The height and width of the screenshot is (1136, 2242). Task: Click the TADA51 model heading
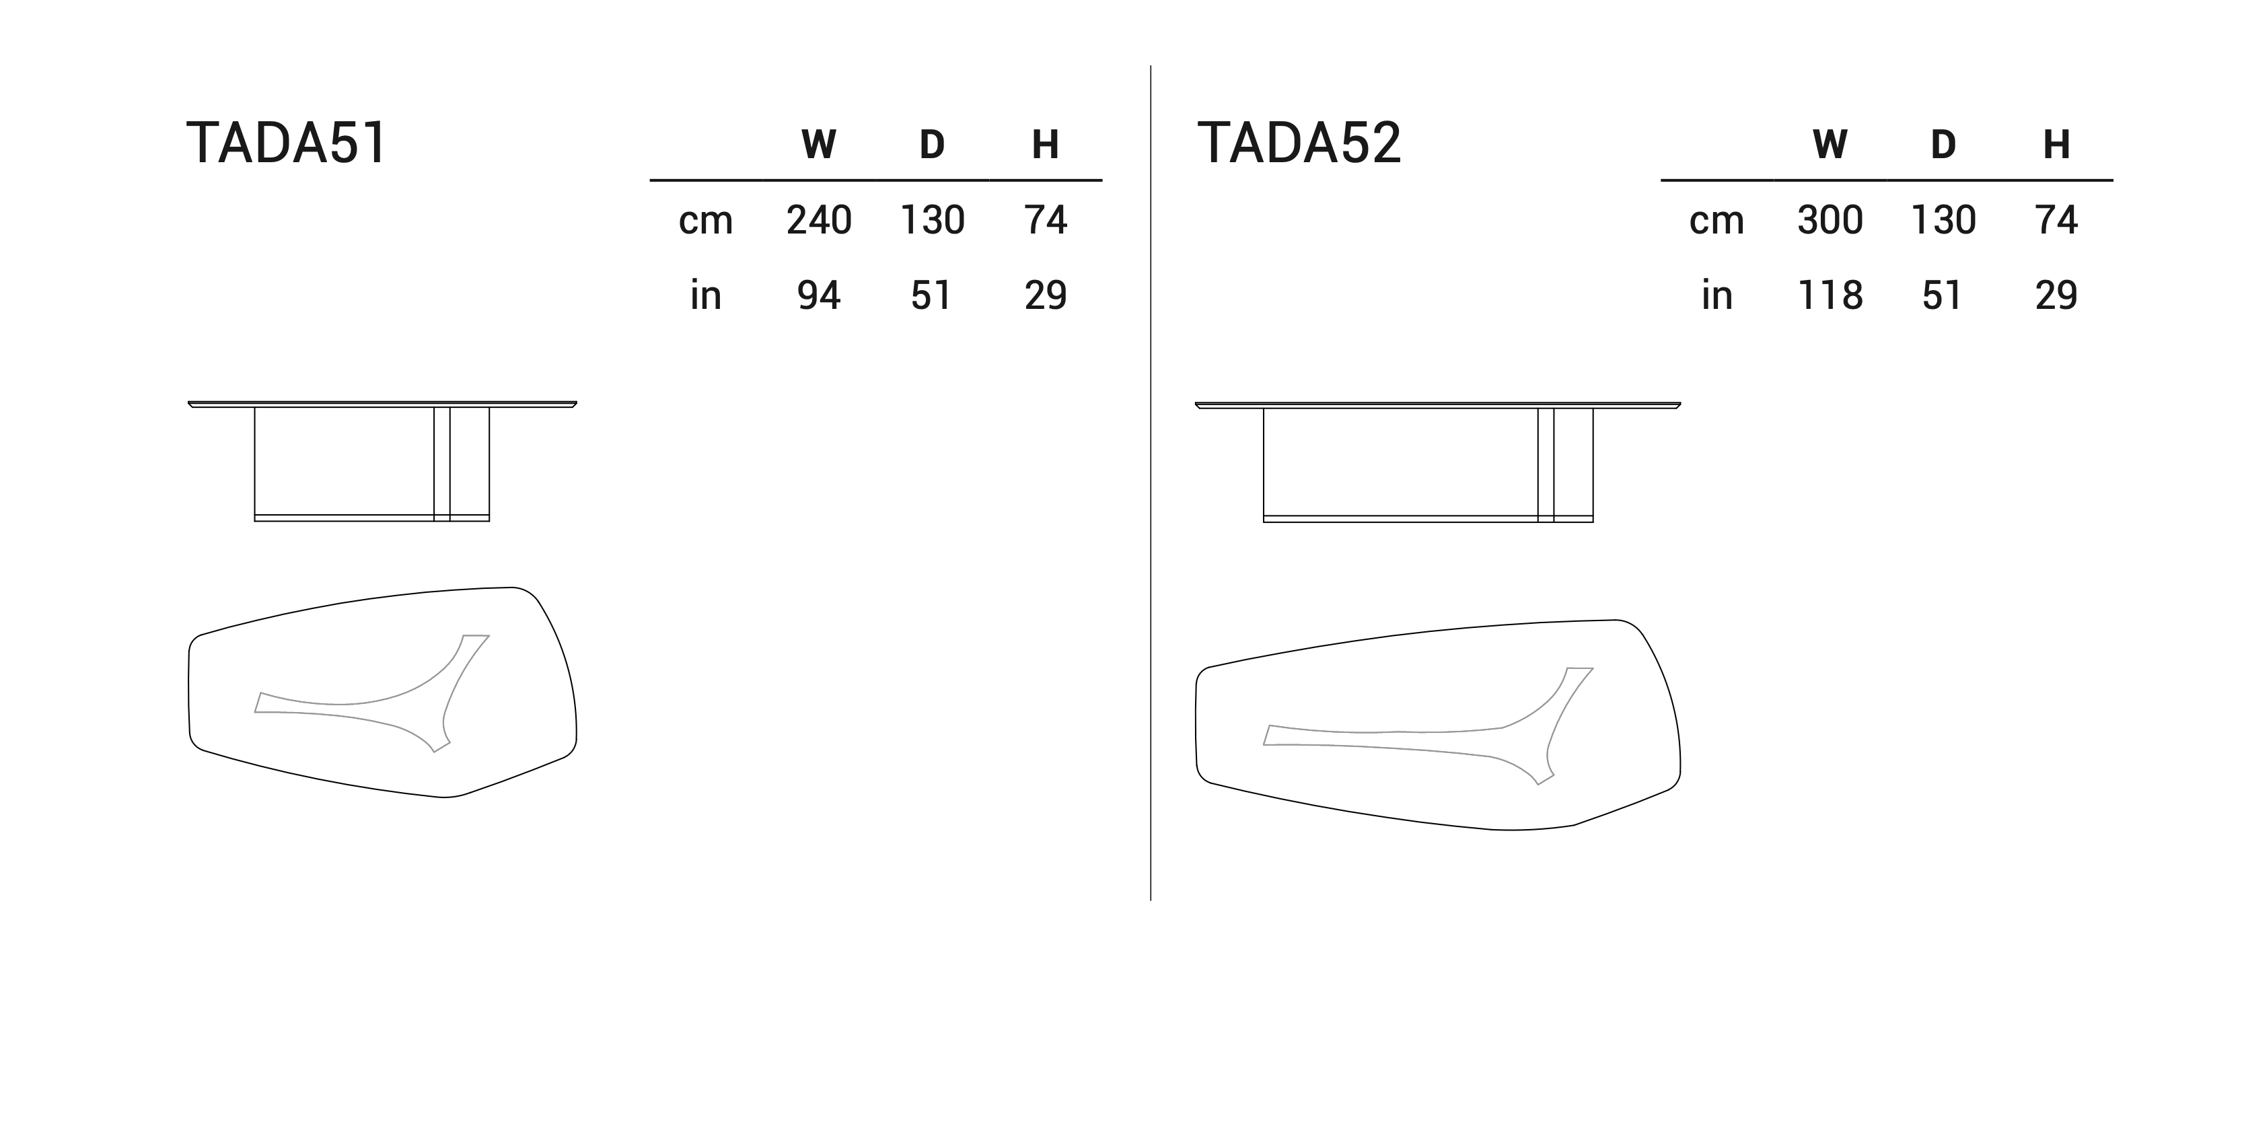tap(287, 143)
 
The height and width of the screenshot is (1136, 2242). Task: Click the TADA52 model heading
tap(1299, 143)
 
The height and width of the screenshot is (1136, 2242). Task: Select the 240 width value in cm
tap(819, 220)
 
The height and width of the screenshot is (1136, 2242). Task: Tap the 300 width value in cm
tap(1830, 220)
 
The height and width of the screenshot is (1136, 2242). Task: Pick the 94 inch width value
tap(819, 296)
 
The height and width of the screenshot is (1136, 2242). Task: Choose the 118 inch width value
tap(1830, 296)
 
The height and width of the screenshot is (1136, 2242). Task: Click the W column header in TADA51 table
tap(819, 145)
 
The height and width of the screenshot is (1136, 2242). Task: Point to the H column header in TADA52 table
tap(2056, 145)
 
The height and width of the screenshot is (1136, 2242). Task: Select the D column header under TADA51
tap(932, 145)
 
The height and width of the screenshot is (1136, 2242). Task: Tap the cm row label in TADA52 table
tap(1716, 221)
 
